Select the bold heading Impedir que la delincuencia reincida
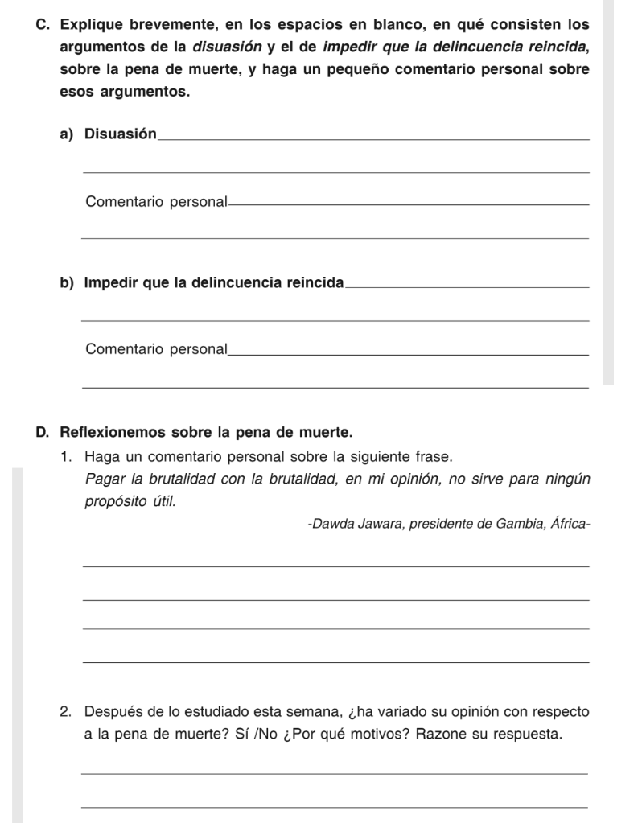[213, 282]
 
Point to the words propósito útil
[129, 501]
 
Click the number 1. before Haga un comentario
[66, 457]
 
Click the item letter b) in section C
[66, 282]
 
